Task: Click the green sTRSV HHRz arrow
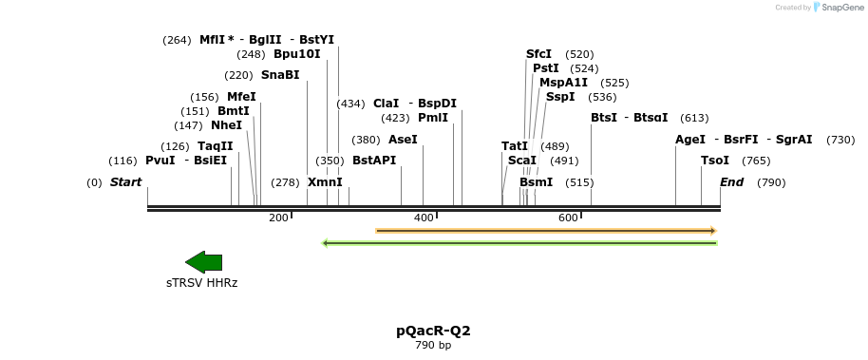tap(203, 262)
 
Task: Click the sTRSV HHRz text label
tap(201, 283)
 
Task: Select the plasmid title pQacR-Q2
tap(433, 331)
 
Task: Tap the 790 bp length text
tap(433, 346)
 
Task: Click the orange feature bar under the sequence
tap(545, 230)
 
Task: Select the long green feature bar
tap(519, 243)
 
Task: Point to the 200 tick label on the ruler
tap(278, 218)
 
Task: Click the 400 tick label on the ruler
tap(424, 218)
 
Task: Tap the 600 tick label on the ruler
tap(568, 218)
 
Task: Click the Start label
tap(125, 182)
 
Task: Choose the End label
tap(731, 182)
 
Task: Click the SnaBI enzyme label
tap(280, 75)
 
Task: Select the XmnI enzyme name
tap(325, 182)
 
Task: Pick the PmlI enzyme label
tap(433, 118)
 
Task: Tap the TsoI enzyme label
tap(715, 161)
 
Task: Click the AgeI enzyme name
tap(690, 140)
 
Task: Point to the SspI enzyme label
tap(560, 97)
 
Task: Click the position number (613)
tap(694, 118)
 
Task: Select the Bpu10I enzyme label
tap(297, 54)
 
